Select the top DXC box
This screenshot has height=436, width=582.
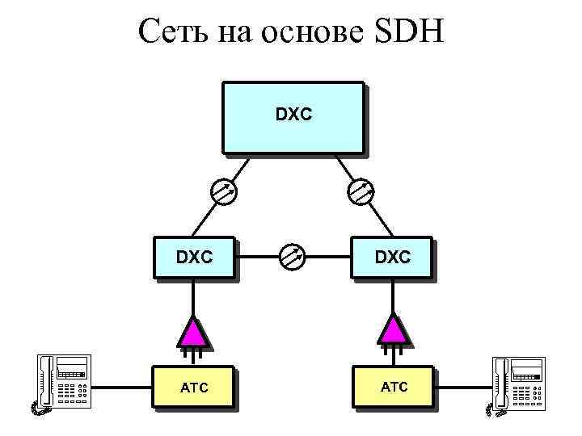pos(292,116)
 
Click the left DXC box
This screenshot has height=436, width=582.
pos(193,258)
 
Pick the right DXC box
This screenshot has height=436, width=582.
pos(391,258)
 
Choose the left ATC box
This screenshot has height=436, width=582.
pos(193,388)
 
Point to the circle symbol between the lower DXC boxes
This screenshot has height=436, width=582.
pos(292,258)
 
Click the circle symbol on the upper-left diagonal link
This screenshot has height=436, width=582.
pos(222,191)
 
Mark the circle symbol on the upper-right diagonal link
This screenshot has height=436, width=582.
pos(361,191)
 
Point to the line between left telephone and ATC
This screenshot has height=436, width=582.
pos(121,388)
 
